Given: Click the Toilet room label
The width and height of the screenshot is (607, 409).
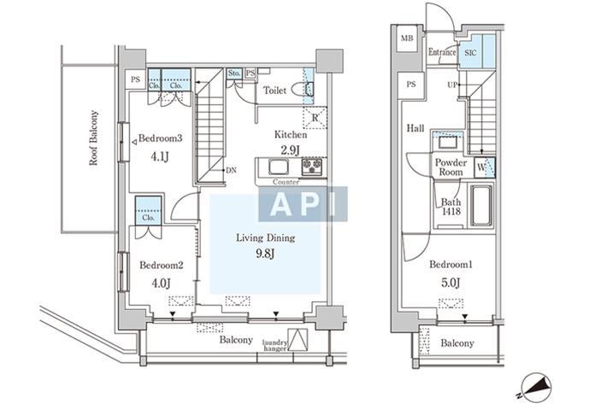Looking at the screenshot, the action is [x=274, y=91].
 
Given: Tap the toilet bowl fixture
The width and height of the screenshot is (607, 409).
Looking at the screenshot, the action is [x=302, y=90].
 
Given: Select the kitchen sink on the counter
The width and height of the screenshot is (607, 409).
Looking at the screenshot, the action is [x=277, y=167].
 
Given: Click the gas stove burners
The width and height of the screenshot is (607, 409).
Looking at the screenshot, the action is [x=312, y=167].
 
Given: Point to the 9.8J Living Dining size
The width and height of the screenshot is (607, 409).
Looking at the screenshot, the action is [x=265, y=254].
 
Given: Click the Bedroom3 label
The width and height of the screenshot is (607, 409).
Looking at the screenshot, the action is [x=160, y=138].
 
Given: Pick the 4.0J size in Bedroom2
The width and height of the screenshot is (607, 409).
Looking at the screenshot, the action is [x=161, y=283].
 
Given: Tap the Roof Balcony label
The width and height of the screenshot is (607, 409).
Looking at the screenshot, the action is [x=93, y=138].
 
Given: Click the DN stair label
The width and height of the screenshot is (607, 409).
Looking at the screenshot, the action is [x=231, y=170].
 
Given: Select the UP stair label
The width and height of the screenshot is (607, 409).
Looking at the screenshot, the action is [x=452, y=85].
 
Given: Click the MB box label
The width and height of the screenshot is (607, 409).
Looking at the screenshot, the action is [x=407, y=38].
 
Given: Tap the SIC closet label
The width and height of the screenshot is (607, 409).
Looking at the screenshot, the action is [x=470, y=53].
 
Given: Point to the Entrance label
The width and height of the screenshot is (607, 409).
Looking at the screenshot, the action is [x=442, y=52].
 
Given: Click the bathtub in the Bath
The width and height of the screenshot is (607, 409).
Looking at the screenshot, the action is [x=481, y=205].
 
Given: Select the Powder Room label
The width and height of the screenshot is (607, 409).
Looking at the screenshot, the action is [x=451, y=167].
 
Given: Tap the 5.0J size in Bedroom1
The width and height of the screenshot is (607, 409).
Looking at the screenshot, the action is [x=451, y=283].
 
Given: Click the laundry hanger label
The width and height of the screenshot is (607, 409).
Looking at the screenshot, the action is [x=274, y=345].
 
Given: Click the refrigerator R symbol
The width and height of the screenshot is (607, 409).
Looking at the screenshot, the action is [x=315, y=118].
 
